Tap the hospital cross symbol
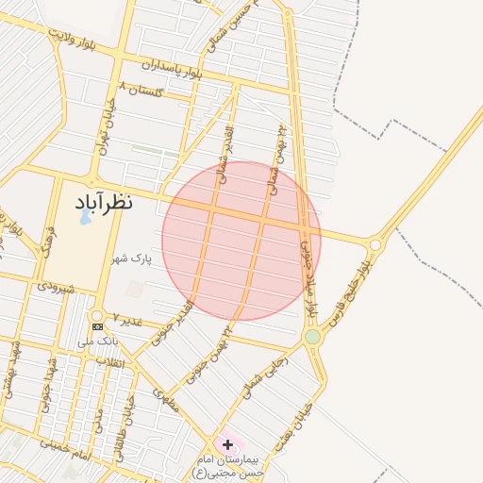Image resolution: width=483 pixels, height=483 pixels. point(227,443)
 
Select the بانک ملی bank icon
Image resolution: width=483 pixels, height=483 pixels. point(97,325)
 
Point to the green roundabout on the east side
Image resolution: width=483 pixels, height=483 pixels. point(312,337)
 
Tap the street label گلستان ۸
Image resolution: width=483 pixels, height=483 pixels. point(142,90)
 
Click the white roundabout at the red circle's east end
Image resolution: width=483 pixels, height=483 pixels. point(375,244)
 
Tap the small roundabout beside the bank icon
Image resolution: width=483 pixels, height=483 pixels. point(97,315)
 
